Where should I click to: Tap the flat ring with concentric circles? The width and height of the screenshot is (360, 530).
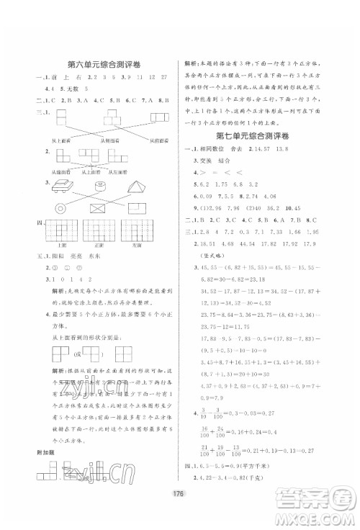[x=58, y=207]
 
